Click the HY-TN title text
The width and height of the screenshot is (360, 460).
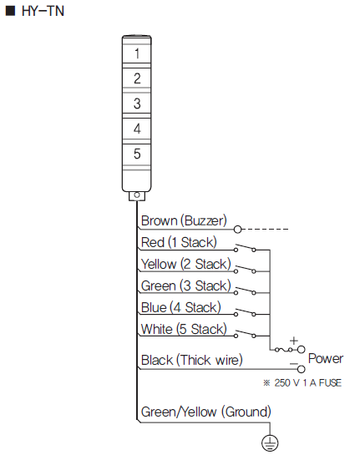pos(43,11)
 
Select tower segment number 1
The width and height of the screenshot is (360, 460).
pos(137,53)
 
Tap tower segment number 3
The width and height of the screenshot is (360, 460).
pos(137,104)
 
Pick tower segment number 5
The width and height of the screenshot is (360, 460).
pos(137,154)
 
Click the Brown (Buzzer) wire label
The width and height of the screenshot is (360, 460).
pos(184,221)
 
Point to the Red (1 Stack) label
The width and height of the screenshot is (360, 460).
pos(179,243)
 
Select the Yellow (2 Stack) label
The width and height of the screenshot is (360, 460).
pos(186,264)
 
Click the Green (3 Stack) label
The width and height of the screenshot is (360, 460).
pos(186,286)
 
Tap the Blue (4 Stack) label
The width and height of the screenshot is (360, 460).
pos(181,307)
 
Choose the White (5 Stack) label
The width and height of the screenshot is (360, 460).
pos(184,329)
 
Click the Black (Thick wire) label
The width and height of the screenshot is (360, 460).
pos(192,360)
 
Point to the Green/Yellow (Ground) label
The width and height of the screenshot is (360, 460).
pos(206,412)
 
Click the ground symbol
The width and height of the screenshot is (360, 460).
pos(270,442)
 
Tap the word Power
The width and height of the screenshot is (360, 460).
pos(326,358)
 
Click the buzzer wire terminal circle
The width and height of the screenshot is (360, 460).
pos(238,229)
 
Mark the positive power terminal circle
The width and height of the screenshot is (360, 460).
pos(302,350)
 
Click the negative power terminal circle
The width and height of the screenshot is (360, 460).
pos(302,369)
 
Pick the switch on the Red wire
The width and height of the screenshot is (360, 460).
pos(245,248)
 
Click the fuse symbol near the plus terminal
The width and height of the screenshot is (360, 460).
pos(283,350)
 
